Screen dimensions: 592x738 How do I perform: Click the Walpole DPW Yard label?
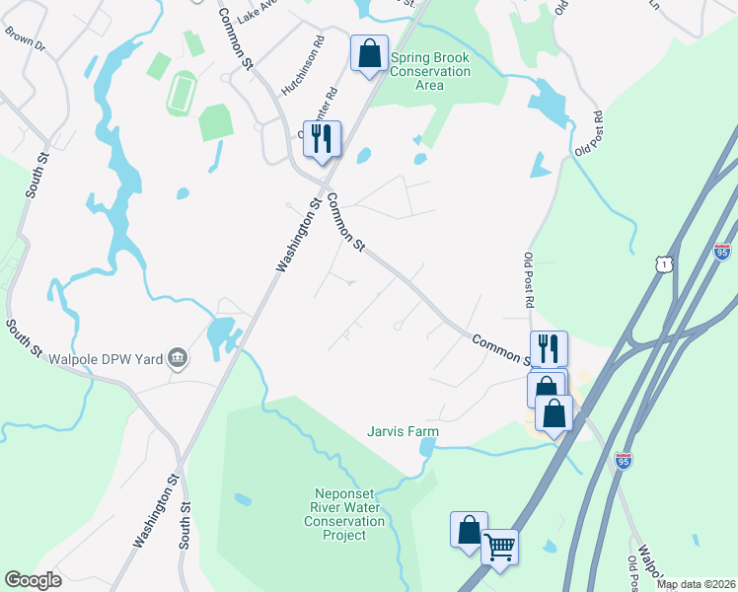110,357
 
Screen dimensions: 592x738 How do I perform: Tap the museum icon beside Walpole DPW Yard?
178,357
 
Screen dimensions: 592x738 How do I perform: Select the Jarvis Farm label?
403,432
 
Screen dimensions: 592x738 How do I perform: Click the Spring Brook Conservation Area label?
430,71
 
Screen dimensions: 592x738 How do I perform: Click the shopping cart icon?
500,545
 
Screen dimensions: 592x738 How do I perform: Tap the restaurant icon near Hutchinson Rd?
322,138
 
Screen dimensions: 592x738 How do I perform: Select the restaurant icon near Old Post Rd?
549,348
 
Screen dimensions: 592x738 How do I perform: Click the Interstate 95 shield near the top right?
723,251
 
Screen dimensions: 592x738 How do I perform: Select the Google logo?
34,580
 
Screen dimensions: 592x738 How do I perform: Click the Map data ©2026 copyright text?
696,585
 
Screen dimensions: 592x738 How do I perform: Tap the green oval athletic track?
180,93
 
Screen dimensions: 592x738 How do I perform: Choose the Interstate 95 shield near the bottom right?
623,459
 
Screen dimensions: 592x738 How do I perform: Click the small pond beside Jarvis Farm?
425,448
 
